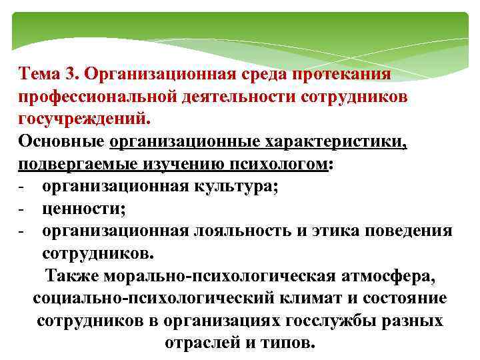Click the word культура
tap(234, 187)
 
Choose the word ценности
tap(83, 209)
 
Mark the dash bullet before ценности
tap(22, 209)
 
